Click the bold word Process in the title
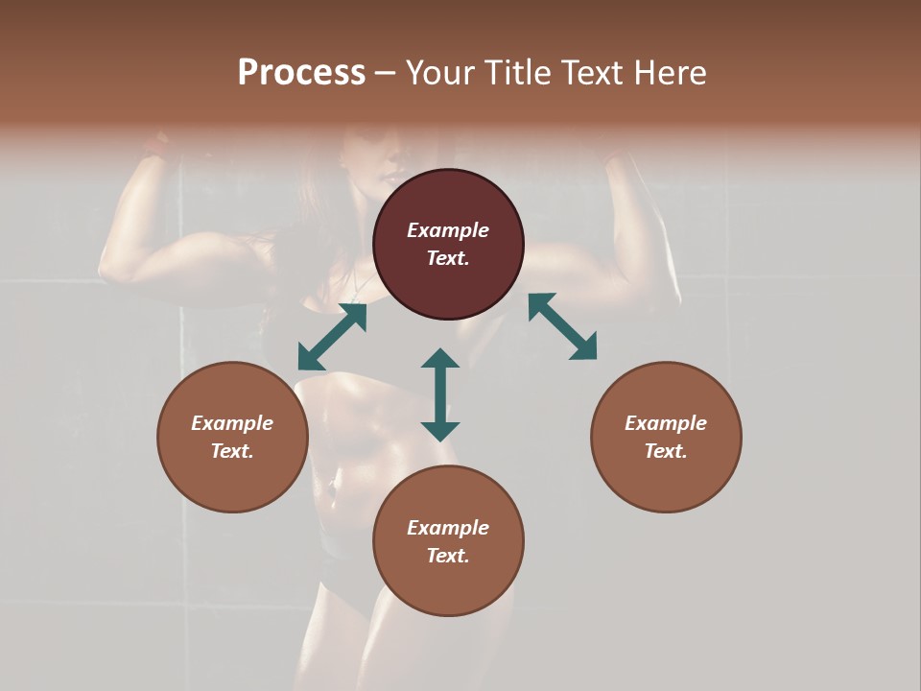[301, 73]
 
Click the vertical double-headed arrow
[440, 394]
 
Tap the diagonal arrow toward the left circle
[332, 336]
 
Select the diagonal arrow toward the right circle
[563, 326]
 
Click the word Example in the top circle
[448, 230]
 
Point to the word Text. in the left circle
[232, 451]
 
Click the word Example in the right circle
[666, 423]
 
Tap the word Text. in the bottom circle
[448, 556]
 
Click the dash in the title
[386, 73]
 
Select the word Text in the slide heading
[593, 73]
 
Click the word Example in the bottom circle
[448, 528]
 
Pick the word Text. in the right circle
[666, 451]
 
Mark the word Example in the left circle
[232, 423]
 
